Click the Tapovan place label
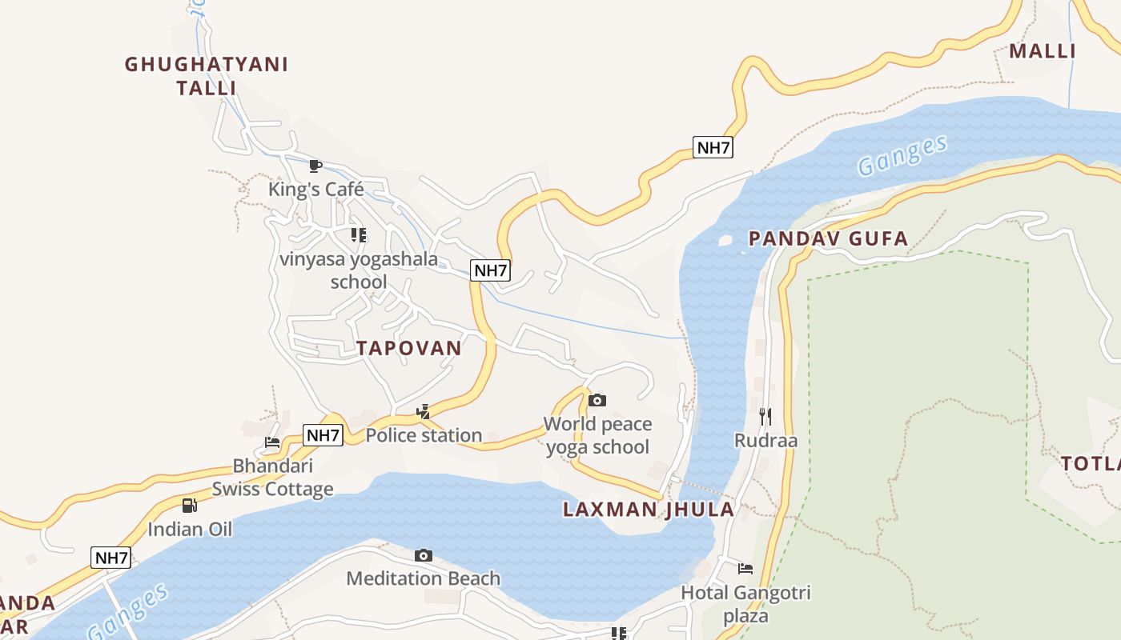coord(408,348)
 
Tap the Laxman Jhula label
coord(648,510)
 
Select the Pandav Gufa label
coord(828,238)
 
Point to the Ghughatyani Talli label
coord(207,76)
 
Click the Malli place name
coord(1042,51)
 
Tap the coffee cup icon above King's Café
coord(315,166)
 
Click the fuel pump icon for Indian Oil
coord(189,505)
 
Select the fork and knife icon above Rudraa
coord(765,416)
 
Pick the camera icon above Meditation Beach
coord(424,555)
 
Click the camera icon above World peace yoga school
coord(597,400)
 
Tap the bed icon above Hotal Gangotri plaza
coord(745,569)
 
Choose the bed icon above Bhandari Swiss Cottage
coord(272,442)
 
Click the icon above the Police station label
coord(424,412)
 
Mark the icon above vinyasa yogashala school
coord(359,235)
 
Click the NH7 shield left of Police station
coord(323,436)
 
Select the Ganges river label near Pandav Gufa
coord(902,155)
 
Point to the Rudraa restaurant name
coord(765,441)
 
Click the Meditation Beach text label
coord(424,578)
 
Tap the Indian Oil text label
coord(190,529)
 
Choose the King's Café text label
coord(315,190)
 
